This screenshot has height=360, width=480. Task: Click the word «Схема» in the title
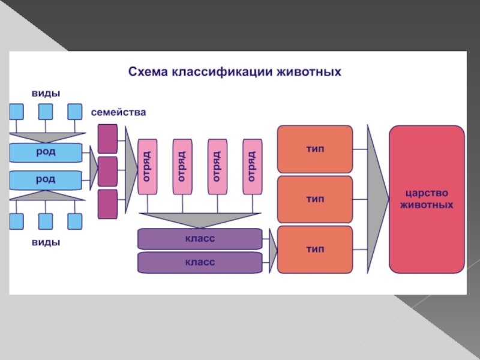point(148,73)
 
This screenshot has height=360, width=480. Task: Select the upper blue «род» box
point(46,152)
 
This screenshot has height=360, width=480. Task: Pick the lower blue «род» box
point(46,179)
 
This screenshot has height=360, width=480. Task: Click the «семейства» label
point(118,112)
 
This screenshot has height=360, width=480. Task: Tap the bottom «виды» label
point(46,242)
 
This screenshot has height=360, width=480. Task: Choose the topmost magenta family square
point(107,139)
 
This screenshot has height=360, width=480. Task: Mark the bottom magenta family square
point(107,204)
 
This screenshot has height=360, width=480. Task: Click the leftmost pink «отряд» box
point(147,166)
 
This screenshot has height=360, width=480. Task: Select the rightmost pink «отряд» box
point(252,166)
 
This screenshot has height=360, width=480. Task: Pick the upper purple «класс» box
point(200,239)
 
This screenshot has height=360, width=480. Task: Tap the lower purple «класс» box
point(200,262)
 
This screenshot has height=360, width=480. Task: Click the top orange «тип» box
point(315,149)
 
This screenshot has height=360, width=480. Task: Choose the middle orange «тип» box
point(315,199)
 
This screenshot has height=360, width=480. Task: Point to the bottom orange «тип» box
point(315,250)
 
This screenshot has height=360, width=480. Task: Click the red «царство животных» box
point(427,199)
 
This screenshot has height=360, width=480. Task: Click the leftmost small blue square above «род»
point(16,112)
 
